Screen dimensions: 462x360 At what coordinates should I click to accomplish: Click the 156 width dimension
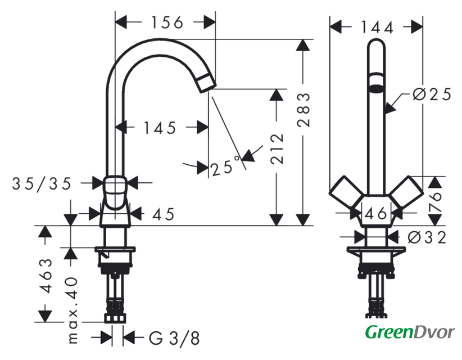(167, 22)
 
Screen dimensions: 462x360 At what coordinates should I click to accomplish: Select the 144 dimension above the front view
(377, 28)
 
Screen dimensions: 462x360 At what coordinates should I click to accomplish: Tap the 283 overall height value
(304, 110)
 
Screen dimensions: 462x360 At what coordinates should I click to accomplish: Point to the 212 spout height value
(277, 148)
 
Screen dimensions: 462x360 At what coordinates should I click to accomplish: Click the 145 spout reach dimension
(160, 128)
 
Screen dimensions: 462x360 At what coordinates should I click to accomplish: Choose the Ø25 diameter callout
(432, 94)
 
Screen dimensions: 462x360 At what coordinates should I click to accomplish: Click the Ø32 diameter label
(427, 237)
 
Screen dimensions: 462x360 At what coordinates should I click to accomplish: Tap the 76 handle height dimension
(435, 202)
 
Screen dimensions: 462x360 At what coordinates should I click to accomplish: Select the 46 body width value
(375, 213)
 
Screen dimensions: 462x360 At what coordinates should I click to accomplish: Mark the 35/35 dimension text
(42, 184)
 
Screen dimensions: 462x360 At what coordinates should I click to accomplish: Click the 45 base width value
(163, 214)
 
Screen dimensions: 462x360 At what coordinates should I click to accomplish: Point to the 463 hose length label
(46, 276)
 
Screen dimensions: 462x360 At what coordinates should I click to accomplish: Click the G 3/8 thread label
(174, 338)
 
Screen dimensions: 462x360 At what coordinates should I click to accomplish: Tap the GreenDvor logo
(410, 333)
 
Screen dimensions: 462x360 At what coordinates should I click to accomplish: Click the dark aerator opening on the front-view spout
(376, 88)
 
